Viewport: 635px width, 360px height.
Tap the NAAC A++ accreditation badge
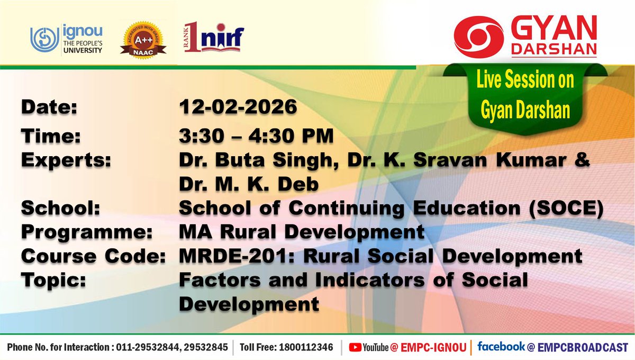pos(143,40)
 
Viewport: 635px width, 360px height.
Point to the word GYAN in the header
pos(554,26)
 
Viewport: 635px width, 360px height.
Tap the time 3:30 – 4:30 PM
pos(257,136)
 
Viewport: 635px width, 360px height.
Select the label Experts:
pos(66,161)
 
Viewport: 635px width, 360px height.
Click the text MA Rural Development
pos(302,233)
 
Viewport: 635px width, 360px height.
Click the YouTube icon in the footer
pos(355,347)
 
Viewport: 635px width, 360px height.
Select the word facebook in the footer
pos(501,347)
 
